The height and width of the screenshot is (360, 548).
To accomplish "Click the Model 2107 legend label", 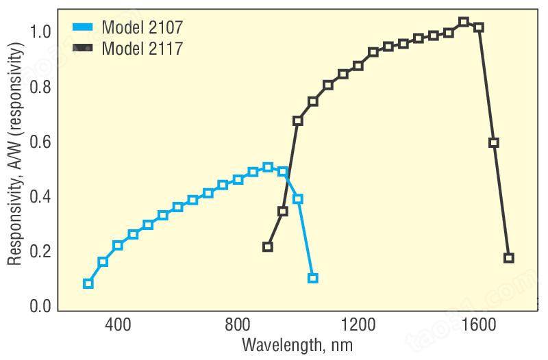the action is point(142,27).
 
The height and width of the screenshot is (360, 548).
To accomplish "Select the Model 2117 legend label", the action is point(142,48).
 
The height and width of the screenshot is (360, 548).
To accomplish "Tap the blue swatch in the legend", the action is point(83,27).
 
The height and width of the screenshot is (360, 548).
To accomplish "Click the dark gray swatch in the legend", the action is point(83,48).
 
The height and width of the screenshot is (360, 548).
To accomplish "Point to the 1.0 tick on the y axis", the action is point(40,32).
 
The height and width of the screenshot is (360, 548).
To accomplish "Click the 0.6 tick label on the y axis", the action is point(40,142).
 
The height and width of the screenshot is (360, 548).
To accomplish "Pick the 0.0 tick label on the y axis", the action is point(40,306).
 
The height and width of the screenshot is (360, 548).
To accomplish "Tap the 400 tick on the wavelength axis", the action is point(118,324).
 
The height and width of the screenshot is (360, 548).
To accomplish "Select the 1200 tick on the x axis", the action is point(358,324).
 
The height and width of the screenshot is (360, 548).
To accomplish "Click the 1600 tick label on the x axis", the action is point(478,324).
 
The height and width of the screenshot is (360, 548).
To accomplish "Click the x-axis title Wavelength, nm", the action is point(297,346).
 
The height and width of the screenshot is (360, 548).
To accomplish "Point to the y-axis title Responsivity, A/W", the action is point(15,153).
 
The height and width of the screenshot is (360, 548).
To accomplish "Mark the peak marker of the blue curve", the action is point(268,167).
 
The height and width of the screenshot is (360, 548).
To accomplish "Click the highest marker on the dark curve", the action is point(464,22).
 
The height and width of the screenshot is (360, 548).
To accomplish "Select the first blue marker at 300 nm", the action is point(88,283).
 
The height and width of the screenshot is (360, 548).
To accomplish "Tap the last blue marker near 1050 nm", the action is point(313,279).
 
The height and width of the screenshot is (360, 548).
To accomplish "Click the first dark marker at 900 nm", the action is point(268,247).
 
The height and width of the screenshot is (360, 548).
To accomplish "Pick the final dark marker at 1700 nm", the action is point(508,258).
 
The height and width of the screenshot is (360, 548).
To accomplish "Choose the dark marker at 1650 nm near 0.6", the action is point(493,142).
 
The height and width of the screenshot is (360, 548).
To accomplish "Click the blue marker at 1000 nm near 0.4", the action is point(298,199).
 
